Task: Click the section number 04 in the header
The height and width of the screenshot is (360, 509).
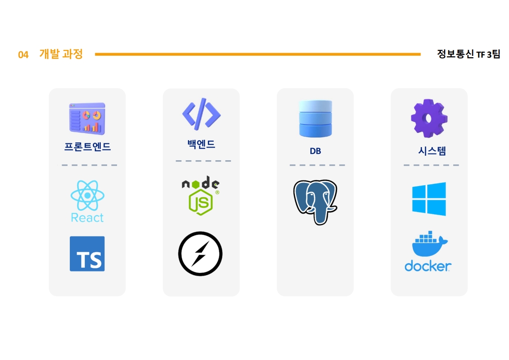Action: coord(23,55)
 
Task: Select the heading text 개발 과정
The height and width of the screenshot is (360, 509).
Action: coord(61,54)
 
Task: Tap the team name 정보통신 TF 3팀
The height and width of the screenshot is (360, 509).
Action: coord(468,54)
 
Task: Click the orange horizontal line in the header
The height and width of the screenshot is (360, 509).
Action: coord(258,54)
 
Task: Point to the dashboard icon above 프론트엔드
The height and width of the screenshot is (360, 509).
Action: coord(87,118)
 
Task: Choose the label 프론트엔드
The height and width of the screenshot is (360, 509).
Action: coord(88,147)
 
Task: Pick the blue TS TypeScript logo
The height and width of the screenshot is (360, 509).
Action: coord(87,254)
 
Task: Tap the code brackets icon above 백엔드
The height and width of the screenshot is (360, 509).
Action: coord(201,113)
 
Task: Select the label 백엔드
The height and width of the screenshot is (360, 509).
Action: coord(201,144)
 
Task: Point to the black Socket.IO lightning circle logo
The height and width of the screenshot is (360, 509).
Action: coord(200,254)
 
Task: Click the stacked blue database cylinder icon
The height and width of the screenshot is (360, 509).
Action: coord(315,118)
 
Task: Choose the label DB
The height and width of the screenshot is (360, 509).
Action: coord(315,151)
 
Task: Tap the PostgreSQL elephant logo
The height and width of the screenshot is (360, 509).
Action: coord(315,202)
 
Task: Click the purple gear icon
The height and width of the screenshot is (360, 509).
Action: coord(429,118)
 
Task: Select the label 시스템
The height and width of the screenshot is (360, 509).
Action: coord(429,151)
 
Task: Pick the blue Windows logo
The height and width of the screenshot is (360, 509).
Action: coord(429,199)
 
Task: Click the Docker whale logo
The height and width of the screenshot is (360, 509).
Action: coord(428,252)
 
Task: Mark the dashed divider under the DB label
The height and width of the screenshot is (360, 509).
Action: coord(317,165)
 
